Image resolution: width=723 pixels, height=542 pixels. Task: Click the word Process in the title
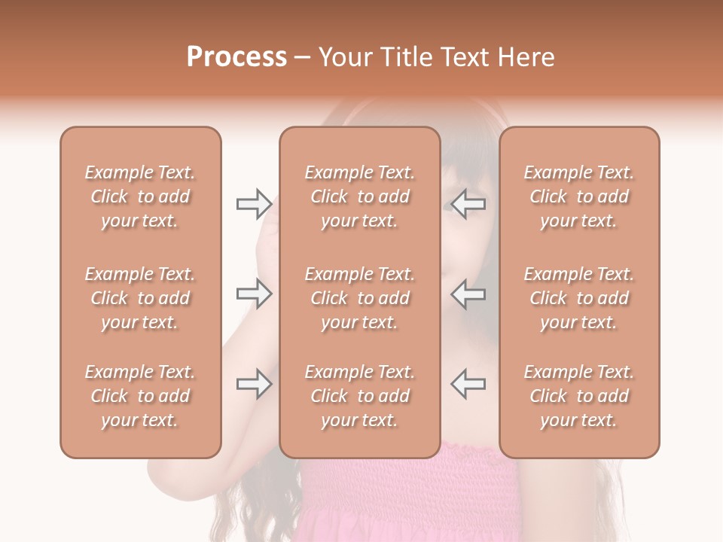[x=236, y=57]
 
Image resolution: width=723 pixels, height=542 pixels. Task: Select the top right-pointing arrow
[x=254, y=204]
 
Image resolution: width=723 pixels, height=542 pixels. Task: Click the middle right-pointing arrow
[x=254, y=294]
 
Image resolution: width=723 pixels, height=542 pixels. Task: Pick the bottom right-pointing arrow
[x=254, y=384]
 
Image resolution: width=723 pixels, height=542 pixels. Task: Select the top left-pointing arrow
[x=468, y=204]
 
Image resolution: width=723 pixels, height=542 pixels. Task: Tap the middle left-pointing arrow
[x=468, y=294]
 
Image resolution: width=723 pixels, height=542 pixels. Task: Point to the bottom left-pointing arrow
[x=468, y=384]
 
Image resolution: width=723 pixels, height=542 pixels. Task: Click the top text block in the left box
[x=140, y=196]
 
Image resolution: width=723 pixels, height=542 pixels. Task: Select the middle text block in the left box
[x=140, y=298]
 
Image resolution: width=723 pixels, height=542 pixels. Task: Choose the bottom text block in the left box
[x=140, y=396]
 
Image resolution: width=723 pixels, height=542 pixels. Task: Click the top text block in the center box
[x=359, y=196]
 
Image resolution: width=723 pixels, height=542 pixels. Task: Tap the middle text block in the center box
[x=359, y=298]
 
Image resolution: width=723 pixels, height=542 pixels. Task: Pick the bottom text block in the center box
[x=359, y=396]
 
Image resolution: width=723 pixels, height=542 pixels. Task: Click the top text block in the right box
[x=578, y=196]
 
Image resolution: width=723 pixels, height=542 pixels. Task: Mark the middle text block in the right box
[x=578, y=298]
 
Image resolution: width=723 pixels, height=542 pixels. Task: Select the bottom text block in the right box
[x=578, y=396]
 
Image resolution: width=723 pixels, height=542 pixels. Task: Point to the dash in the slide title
[x=303, y=58]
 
